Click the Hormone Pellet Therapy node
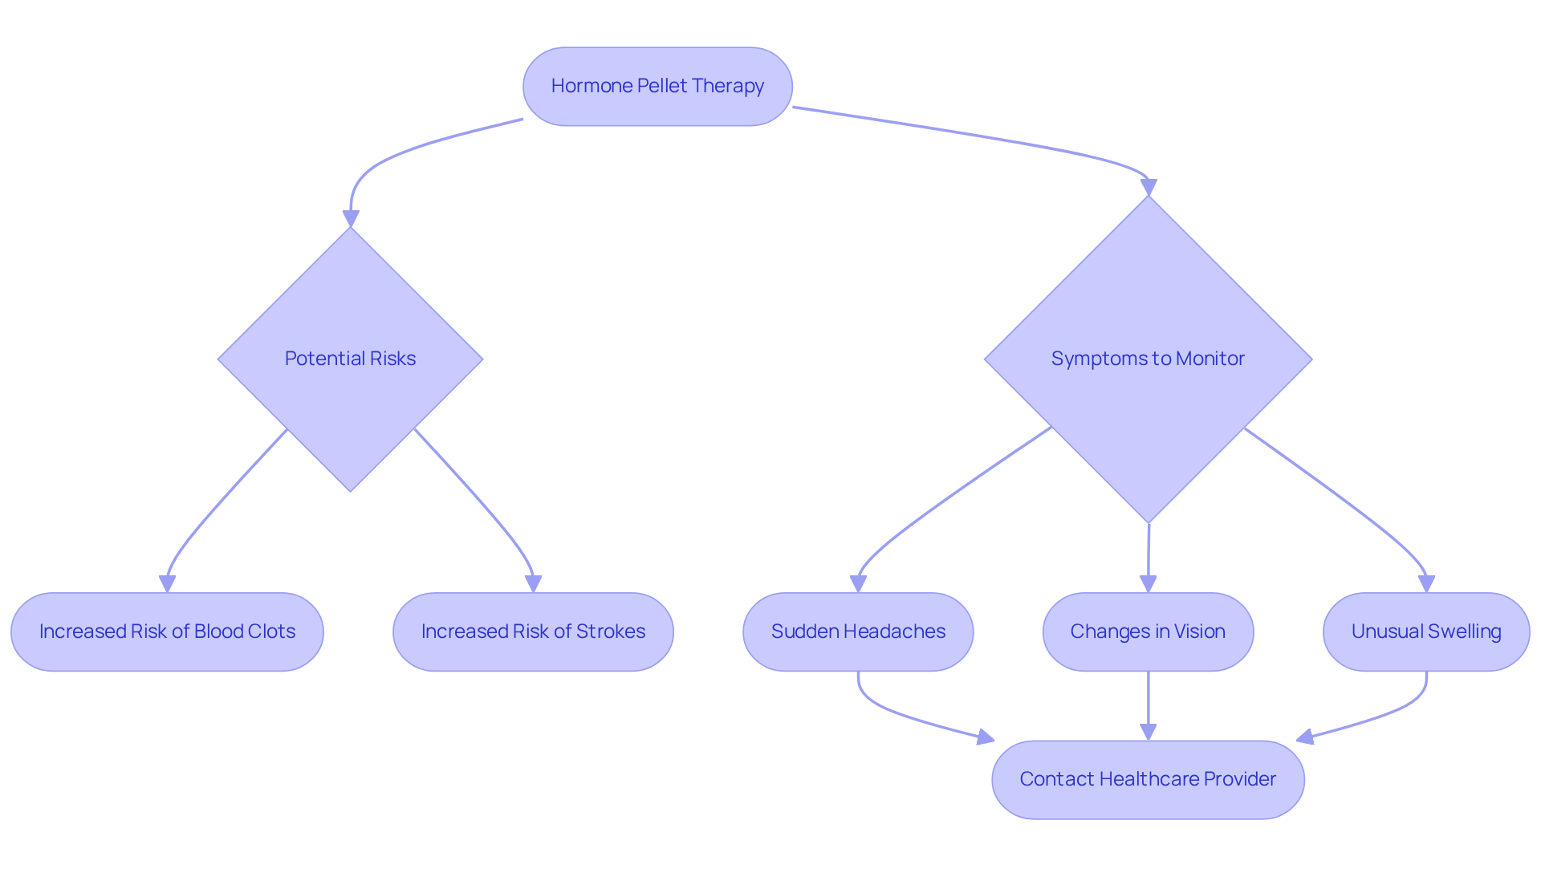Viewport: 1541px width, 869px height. coord(657,87)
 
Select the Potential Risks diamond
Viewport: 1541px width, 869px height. coord(350,359)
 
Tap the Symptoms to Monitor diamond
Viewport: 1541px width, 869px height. coord(1148,359)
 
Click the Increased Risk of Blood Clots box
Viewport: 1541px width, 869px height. coord(167,631)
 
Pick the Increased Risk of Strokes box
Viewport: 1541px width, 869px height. coord(533,631)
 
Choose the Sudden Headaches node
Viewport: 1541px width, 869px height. coord(858,631)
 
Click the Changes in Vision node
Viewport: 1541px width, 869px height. coord(1148,631)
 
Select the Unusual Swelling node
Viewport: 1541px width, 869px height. coord(1426,631)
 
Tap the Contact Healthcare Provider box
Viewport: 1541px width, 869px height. coord(1148,779)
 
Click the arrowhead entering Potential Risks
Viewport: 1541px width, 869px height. coord(351,219)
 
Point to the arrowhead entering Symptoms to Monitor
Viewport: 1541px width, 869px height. coord(1149,188)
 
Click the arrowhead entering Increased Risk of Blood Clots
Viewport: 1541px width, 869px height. coord(167,584)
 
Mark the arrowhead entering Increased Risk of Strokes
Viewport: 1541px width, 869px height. coord(534,584)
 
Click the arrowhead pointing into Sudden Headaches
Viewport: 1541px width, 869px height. coord(858,584)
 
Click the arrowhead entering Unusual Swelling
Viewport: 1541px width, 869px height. coord(1426,584)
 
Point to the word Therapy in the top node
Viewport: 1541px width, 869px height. coord(734,87)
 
